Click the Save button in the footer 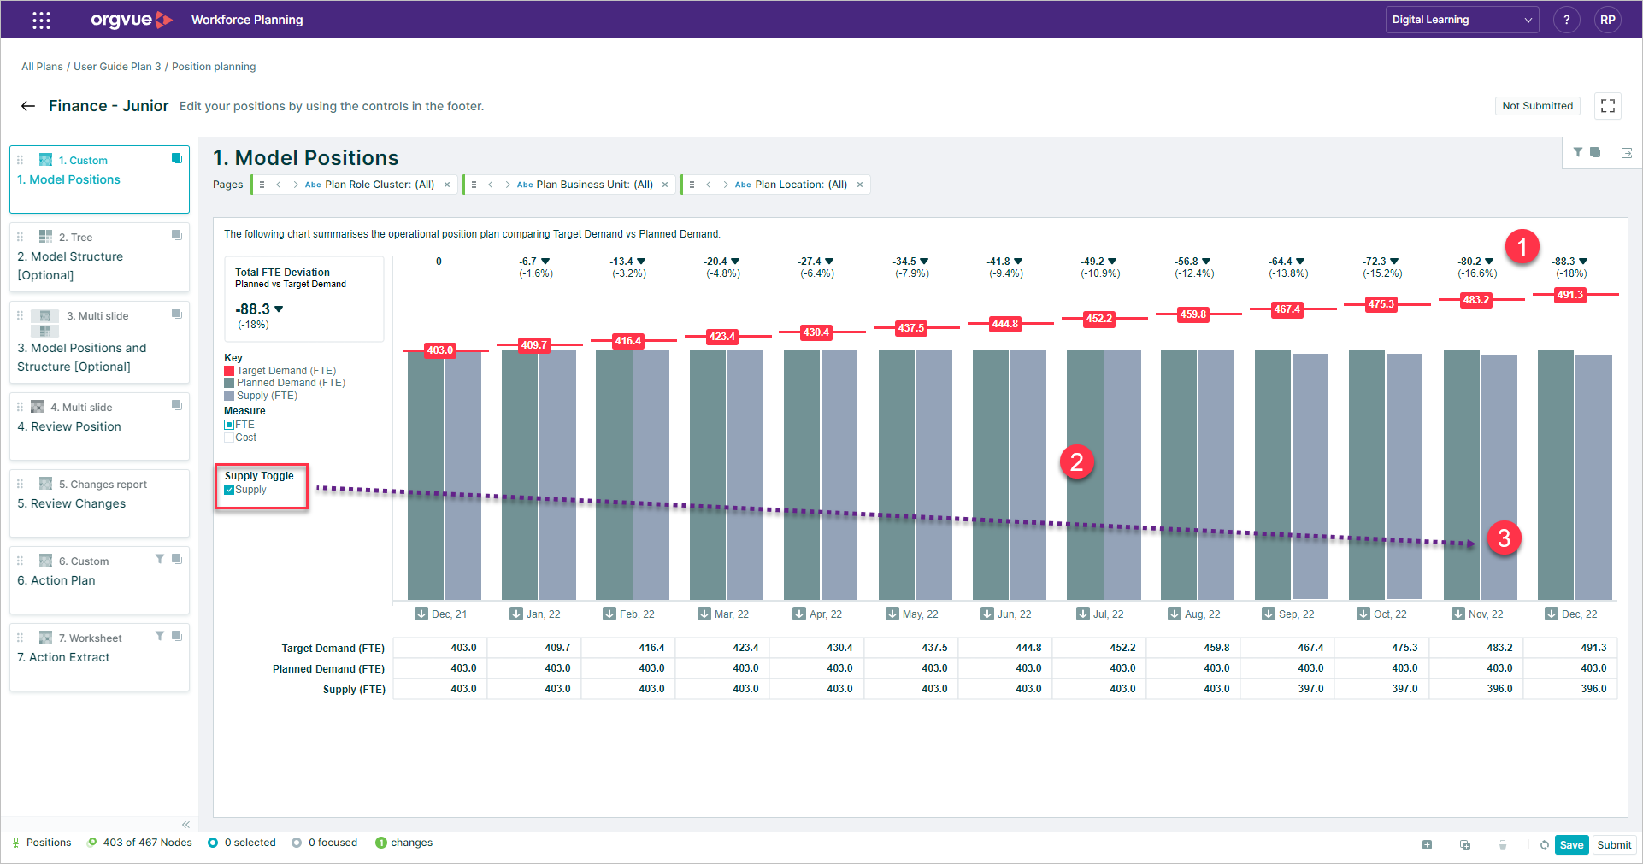[1571, 844]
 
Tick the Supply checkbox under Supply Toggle [229, 490]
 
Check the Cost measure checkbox [229, 438]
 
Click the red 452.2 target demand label [1098, 319]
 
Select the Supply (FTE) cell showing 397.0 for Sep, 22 [1310, 689]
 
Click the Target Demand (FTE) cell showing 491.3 [1593, 648]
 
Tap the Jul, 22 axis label [1108, 614]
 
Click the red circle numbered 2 [1076, 462]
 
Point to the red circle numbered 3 [1504, 538]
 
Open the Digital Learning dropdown [1461, 20]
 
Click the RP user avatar [1607, 20]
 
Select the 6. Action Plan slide [99, 579]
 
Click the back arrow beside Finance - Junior [28, 106]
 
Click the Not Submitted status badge [1537, 106]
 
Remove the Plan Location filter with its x [860, 185]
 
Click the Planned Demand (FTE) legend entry [291, 383]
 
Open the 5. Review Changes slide [99, 503]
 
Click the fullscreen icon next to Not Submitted [1607, 106]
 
